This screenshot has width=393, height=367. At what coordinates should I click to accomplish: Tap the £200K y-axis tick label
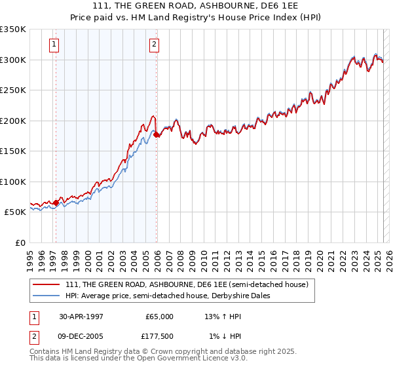pyautogui.click(x=13, y=121)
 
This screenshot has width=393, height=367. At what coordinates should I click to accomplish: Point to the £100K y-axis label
pyautogui.click(x=13, y=182)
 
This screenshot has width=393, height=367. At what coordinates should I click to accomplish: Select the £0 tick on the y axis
pyautogui.click(x=20, y=243)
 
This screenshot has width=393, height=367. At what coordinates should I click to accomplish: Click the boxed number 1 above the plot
pyautogui.click(x=53, y=45)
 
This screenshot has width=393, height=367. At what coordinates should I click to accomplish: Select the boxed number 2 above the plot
pyautogui.click(x=153, y=45)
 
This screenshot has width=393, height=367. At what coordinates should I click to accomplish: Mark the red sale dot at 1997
pyautogui.click(x=56, y=203)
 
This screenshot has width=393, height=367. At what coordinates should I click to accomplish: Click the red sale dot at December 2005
pyautogui.click(x=157, y=134)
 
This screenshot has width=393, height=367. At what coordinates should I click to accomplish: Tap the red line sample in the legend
pyautogui.click(x=47, y=284)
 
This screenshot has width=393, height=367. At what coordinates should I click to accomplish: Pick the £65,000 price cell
pyautogui.click(x=159, y=317)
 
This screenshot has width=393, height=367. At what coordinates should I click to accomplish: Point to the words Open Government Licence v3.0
pyautogui.click(x=196, y=360)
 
